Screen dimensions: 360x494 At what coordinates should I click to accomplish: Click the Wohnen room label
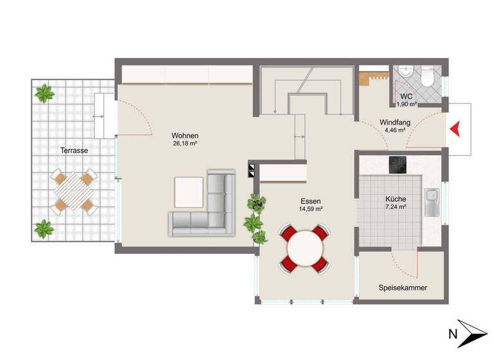point(185,136)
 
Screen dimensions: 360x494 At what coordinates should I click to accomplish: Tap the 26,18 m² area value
point(185,144)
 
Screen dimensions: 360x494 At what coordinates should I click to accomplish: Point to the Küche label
point(396,199)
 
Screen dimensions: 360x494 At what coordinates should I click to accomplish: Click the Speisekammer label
point(403,288)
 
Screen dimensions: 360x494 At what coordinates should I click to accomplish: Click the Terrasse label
point(75,150)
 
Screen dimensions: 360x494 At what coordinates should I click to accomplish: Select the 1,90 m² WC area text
point(407,104)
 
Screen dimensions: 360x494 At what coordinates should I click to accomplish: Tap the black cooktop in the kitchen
point(398,165)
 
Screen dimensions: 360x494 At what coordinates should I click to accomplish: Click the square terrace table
point(73,191)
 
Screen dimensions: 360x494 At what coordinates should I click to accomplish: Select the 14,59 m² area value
point(311,209)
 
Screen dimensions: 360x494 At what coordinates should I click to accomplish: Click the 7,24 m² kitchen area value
point(396,207)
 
